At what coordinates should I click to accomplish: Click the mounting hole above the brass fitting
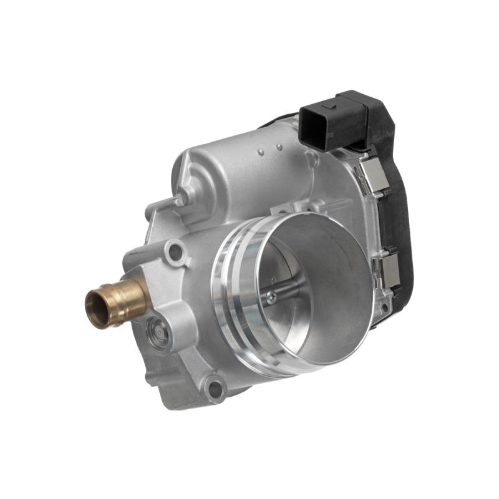(x=177, y=253)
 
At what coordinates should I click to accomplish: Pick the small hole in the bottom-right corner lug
(x=385, y=307)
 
